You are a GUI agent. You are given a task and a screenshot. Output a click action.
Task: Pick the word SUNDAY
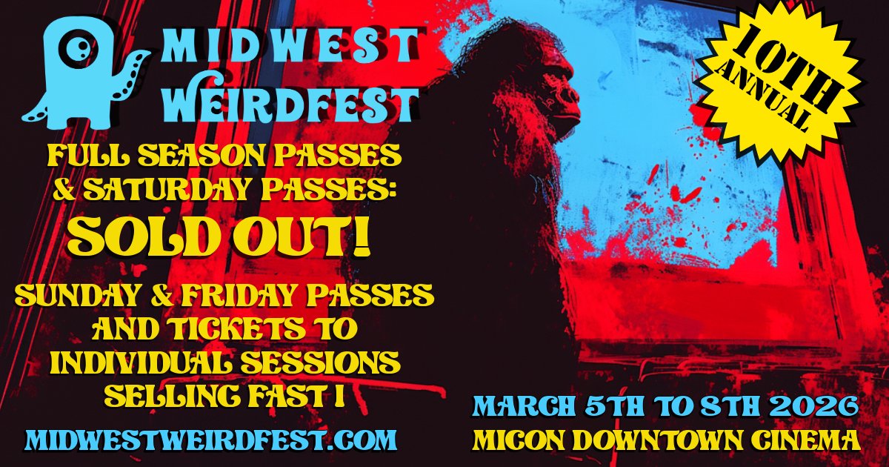click(x=74, y=297)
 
